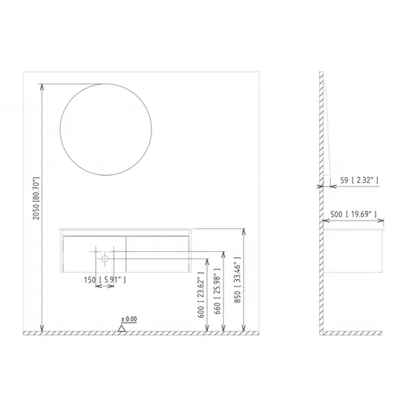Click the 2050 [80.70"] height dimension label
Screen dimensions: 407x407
point(36,199)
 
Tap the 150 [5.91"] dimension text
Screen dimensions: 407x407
point(105,280)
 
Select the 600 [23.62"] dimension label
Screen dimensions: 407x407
point(201,295)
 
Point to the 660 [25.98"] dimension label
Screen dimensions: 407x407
point(217,291)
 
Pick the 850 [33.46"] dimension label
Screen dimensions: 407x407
point(237,280)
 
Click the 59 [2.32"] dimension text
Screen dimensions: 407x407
point(359,180)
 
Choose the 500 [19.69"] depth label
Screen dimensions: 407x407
point(353,214)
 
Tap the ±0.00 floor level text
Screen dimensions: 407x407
point(129,319)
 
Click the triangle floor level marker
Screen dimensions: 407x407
point(121,328)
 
